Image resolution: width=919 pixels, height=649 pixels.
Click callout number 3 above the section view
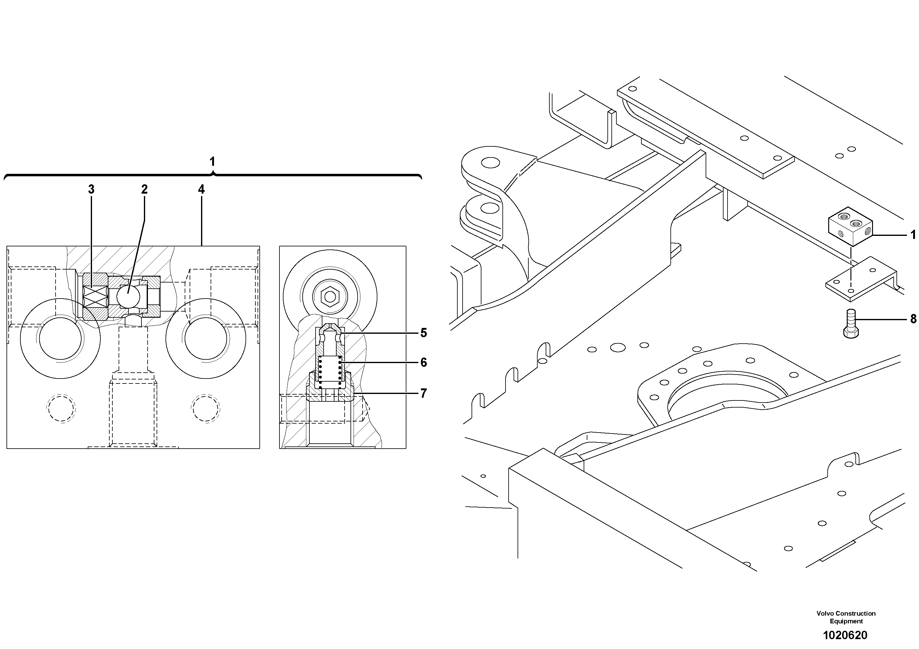tap(91, 190)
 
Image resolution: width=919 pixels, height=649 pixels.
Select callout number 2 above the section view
tap(144, 190)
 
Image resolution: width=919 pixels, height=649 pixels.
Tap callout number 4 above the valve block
tap(201, 190)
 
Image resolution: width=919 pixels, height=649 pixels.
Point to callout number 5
tap(423, 333)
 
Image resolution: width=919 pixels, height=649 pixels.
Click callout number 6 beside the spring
tap(423, 362)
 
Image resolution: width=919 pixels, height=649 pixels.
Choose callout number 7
tap(423, 394)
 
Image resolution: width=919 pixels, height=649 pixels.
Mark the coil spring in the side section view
tap(330, 372)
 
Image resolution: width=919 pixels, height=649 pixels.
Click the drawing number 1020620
tap(845, 635)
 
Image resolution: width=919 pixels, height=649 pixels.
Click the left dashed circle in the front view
tap(61, 408)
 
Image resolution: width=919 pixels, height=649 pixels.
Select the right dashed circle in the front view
tap(205, 408)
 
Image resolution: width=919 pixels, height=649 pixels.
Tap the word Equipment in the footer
tap(846, 622)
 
